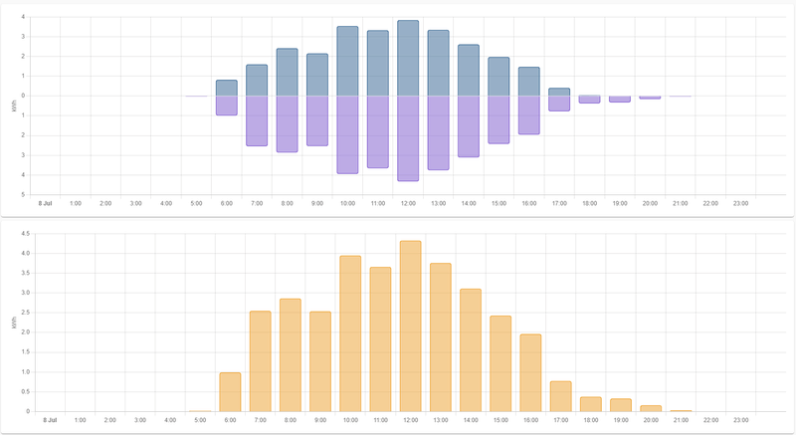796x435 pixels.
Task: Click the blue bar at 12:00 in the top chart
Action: coord(408,58)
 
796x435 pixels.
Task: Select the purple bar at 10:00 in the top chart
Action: coord(347,134)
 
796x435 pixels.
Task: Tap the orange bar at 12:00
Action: coord(411,326)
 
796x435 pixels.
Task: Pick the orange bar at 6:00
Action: coord(230,391)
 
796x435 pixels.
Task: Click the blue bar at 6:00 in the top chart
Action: coord(227,88)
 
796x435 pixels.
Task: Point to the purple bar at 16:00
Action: coord(528,114)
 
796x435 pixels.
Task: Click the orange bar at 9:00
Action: coord(320,361)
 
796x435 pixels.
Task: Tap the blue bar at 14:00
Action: coord(469,70)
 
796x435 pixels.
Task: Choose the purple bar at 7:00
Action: coord(257,120)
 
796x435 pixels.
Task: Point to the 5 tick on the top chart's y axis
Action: coord(24,194)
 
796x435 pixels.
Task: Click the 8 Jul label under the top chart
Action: coord(45,203)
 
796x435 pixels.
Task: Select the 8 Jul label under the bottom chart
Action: coord(50,420)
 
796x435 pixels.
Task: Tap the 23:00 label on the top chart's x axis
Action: coord(740,203)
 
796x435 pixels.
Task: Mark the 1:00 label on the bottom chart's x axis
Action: coord(80,420)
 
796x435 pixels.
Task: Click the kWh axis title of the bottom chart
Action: coord(13,324)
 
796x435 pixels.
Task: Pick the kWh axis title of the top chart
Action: coord(13,107)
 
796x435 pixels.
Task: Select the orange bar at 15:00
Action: coord(501,363)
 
